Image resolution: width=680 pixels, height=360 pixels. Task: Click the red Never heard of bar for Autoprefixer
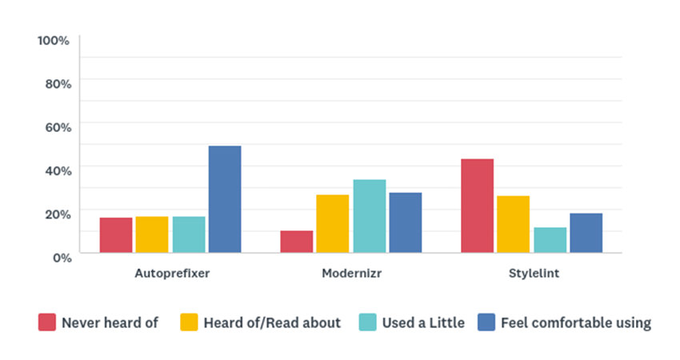tap(116, 235)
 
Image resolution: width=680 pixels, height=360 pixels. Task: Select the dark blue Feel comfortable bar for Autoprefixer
tap(225, 199)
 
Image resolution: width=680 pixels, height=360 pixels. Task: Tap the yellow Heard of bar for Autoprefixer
tap(152, 234)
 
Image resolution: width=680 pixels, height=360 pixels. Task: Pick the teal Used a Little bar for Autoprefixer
tap(189, 234)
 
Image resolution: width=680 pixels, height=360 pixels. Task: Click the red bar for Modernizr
tap(297, 242)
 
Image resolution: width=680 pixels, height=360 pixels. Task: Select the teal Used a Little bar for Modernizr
tap(370, 216)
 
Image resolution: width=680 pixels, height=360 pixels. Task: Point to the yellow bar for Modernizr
tap(333, 223)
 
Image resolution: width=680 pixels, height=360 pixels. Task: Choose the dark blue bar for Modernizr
tap(406, 222)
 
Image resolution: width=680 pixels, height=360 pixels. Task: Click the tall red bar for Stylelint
tap(478, 206)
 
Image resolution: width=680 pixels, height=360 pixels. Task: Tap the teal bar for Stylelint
tap(550, 240)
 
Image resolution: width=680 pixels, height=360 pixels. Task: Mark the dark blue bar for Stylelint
tap(586, 233)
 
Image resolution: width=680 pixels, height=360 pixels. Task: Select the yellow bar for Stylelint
tap(514, 224)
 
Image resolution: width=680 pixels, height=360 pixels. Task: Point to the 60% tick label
tap(57, 126)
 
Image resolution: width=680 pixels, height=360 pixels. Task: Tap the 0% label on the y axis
tap(61, 256)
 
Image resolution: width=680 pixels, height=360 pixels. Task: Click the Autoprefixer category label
tap(171, 274)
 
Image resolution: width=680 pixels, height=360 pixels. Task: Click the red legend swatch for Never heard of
tap(46, 322)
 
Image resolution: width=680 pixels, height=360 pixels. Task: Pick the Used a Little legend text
tap(422, 323)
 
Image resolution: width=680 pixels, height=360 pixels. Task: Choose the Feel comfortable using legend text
tap(575, 323)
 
